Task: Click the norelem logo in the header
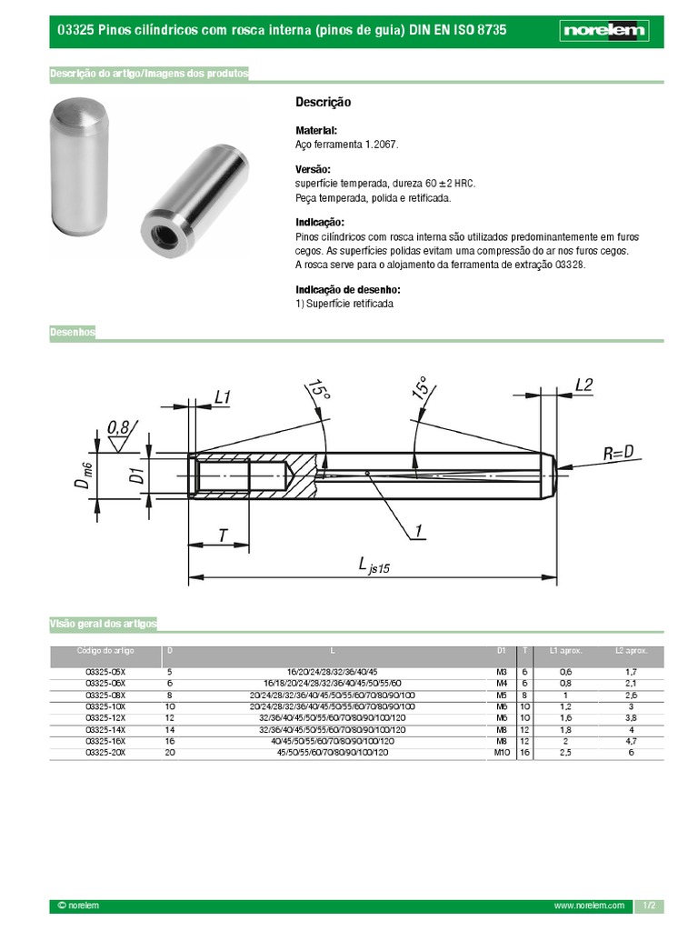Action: point(603,31)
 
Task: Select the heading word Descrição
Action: point(323,103)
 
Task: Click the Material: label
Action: point(316,131)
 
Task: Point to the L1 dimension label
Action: point(223,396)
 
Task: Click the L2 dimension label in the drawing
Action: point(583,385)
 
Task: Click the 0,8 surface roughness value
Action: point(118,426)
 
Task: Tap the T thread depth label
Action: point(222,536)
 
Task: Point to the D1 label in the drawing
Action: point(135,475)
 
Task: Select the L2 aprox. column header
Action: point(631,651)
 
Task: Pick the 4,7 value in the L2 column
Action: point(631,741)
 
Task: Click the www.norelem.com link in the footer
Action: point(589,906)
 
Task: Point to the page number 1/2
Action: point(649,906)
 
